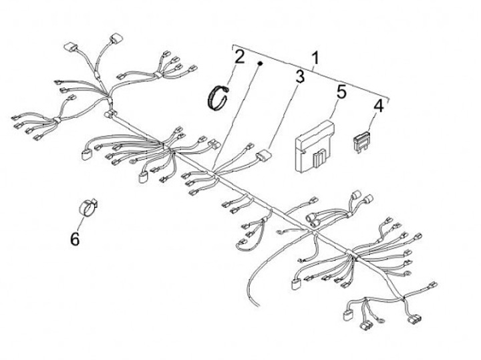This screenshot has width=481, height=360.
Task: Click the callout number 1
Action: pyautogui.click(x=313, y=57)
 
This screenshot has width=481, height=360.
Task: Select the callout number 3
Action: pyautogui.click(x=300, y=77)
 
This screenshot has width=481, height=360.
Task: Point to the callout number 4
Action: pyautogui.click(x=378, y=106)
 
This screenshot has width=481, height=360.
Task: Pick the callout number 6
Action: pyautogui.click(x=74, y=237)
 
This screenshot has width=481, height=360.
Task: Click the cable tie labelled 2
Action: pyautogui.click(x=218, y=98)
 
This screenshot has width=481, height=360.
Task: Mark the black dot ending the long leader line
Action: pyautogui.click(x=260, y=63)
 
